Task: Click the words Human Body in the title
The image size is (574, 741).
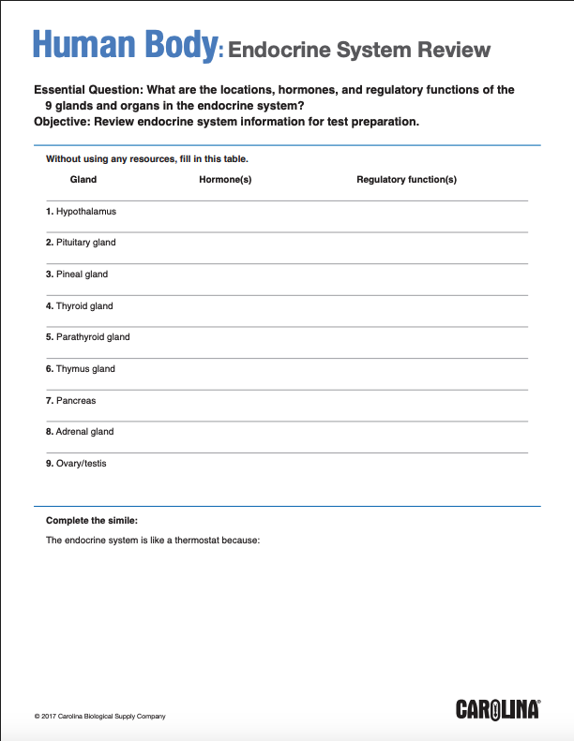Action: [x=125, y=45]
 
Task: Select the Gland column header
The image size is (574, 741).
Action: [x=83, y=179]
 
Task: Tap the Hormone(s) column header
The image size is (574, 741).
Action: [x=225, y=179]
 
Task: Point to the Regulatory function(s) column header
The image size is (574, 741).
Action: [x=406, y=179]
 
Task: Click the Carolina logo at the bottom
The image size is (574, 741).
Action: [x=498, y=709]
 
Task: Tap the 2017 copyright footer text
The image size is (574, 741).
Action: [x=99, y=717]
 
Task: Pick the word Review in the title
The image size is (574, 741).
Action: [x=447, y=49]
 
